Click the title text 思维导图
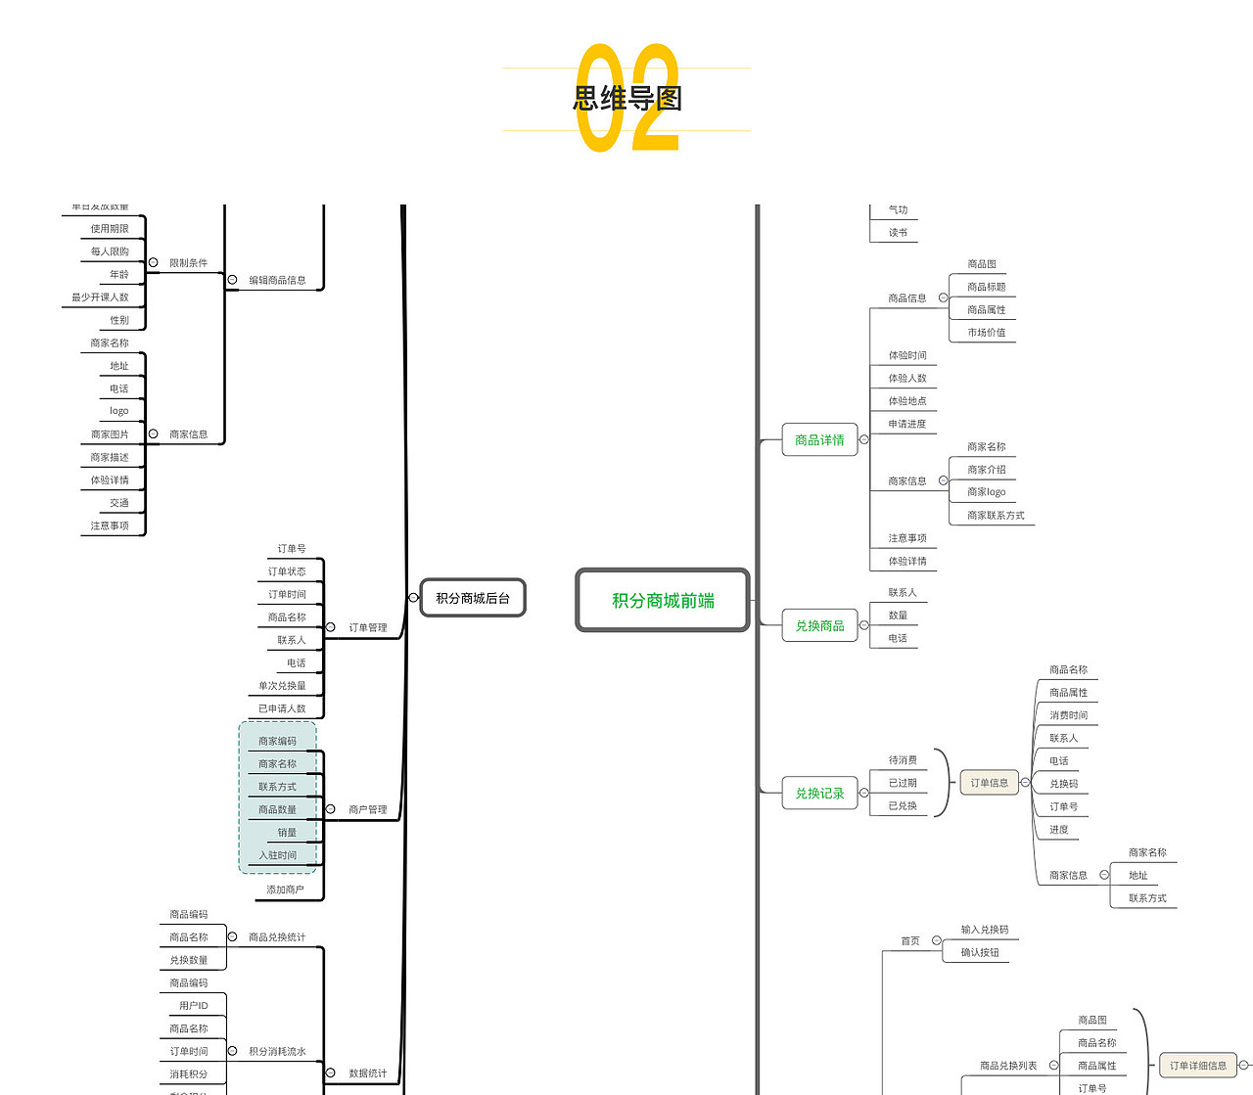(x=626, y=98)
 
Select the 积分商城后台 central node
(x=473, y=598)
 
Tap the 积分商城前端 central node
(x=663, y=601)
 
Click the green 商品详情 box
(x=819, y=440)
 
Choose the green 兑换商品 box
(x=819, y=625)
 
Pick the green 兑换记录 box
(x=819, y=794)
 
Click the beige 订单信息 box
(x=989, y=783)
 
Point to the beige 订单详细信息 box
(x=1197, y=1066)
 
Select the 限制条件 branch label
(x=188, y=263)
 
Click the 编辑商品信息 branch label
(x=277, y=280)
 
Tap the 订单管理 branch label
(x=368, y=628)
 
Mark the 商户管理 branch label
(x=368, y=810)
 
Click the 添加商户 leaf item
(x=285, y=890)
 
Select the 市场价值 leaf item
(x=986, y=333)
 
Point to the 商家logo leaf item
(x=986, y=492)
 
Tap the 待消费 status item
(x=903, y=760)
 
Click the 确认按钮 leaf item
(x=980, y=953)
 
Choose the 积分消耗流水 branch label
(x=277, y=1052)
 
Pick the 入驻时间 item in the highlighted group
(x=277, y=855)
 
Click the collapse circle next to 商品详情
(x=864, y=440)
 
